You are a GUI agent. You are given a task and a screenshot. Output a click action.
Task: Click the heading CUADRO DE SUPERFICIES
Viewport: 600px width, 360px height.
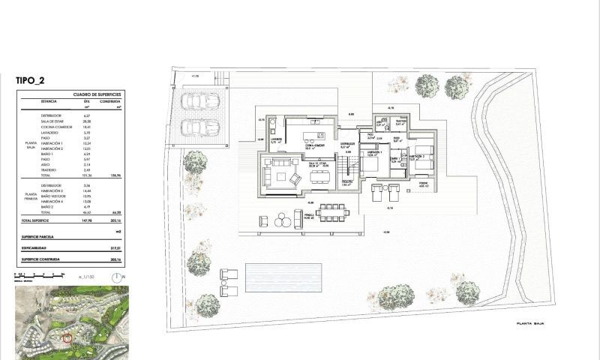point(97,94)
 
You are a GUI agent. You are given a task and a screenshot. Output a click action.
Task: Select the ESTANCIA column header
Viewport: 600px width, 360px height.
point(49,101)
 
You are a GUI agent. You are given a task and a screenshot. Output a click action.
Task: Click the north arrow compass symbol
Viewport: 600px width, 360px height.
point(117,277)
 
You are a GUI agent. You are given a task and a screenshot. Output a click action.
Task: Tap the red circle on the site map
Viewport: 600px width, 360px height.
point(67,337)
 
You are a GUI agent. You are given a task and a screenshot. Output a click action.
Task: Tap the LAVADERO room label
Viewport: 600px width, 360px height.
point(276,139)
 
